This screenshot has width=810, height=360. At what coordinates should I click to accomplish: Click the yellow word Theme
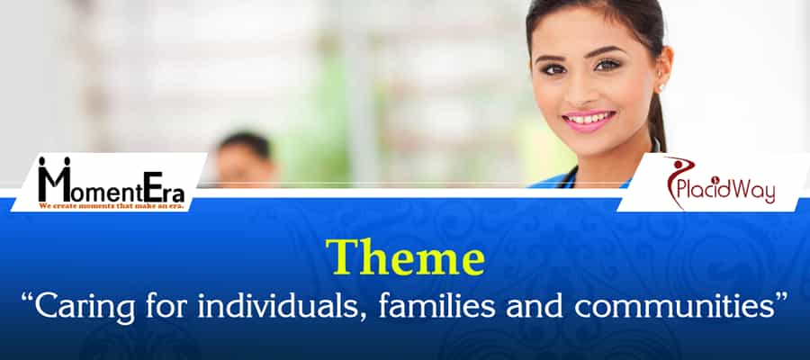click(404, 259)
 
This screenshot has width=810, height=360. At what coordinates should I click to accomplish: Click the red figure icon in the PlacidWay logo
click(677, 178)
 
